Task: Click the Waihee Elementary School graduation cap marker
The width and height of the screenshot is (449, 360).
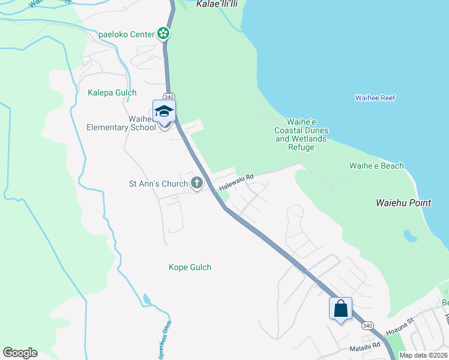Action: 164,111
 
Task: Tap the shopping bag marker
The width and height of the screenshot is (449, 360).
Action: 340,309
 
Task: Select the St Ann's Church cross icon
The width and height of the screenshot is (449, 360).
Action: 197,183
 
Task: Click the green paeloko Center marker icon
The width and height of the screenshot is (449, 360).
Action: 163,34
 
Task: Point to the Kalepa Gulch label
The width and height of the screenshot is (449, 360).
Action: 112,92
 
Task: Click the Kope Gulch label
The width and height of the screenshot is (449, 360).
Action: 190,267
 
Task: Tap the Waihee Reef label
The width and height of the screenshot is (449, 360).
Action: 375,98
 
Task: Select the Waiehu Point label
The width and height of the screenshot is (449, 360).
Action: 403,203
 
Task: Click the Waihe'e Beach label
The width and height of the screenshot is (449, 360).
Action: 376,166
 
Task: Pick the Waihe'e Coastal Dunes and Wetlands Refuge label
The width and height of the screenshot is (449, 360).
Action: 301,130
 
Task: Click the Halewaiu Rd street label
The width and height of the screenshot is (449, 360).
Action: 237,182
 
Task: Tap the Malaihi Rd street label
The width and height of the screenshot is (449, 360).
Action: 365,346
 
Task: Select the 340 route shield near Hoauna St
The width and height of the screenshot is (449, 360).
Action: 367,326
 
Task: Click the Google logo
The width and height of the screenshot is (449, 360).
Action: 20,353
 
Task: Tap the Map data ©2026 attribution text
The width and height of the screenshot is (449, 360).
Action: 423,355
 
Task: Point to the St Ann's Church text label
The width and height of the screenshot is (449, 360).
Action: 159,184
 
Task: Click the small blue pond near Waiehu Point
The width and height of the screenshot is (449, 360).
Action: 410,235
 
